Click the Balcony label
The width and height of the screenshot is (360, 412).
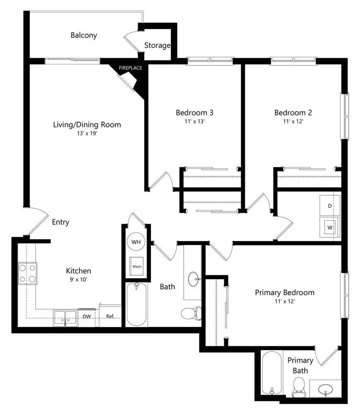(x=84, y=35)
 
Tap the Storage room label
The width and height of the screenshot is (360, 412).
(x=157, y=45)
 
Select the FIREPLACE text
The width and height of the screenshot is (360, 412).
(x=130, y=68)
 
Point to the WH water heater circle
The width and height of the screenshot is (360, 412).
(x=136, y=242)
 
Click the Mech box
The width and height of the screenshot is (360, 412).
(x=136, y=267)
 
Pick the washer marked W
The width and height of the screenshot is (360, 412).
(x=329, y=227)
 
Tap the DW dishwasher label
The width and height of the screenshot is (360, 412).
(x=86, y=316)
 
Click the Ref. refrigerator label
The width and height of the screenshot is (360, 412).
(x=110, y=316)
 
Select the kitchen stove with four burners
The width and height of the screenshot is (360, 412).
(x=27, y=273)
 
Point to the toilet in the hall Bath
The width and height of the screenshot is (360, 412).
(x=191, y=312)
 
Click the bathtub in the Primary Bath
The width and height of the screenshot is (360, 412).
(x=271, y=373)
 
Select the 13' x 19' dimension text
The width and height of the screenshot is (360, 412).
(x=87, y=133)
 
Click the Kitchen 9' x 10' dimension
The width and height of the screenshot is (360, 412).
(x=79, y=280)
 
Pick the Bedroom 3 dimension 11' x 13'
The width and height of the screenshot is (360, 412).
(x=194, y=122)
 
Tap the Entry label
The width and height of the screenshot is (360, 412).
(x=61, y=222)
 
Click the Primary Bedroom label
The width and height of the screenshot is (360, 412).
(x=284, y=292)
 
